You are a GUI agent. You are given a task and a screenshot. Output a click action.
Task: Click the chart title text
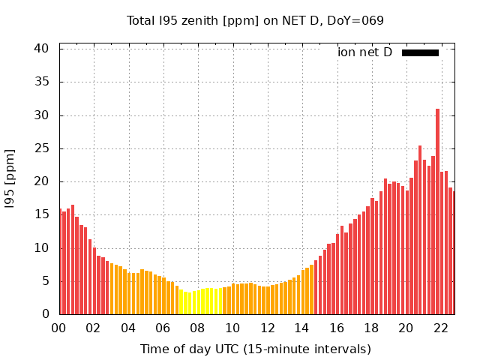[255, 20]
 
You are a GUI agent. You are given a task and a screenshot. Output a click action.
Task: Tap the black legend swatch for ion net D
[420, 52]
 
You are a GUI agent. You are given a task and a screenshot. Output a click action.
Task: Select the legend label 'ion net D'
[364, 52]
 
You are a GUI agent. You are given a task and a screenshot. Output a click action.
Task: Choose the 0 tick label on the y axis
[46, 314]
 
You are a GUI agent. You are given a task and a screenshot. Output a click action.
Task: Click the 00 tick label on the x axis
[59, 328]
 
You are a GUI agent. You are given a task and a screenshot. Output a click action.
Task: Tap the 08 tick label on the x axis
[198, 328]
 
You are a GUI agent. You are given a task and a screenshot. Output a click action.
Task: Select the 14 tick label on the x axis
[301, 328]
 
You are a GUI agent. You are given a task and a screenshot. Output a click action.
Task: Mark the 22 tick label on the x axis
[440, 328]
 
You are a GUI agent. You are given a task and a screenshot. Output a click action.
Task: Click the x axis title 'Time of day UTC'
[255, 349]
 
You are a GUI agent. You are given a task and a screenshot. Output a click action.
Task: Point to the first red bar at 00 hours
[61, 262]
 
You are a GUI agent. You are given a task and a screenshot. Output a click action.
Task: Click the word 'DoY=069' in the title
[357, 20]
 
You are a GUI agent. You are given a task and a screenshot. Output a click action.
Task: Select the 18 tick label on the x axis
[371, 328]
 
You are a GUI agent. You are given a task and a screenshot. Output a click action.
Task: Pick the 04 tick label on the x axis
[128, 328]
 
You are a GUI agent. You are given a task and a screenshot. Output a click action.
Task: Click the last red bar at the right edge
[453, 255]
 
